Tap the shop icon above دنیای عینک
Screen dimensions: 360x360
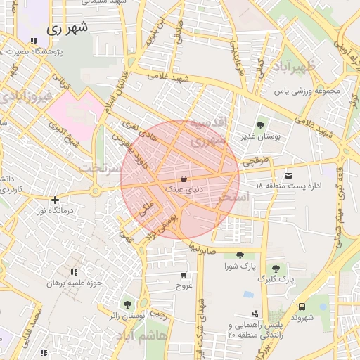[x=184, y=178]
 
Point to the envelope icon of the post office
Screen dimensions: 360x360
[x=288, y=174]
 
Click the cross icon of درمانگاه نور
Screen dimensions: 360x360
[x=55, y=200]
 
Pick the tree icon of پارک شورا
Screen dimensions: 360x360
[x=240, y=255]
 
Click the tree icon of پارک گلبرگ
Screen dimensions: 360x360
[x=275, y=268]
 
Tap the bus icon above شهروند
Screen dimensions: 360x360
[x=302, y=307]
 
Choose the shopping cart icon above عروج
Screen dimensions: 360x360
[x=184, y=275]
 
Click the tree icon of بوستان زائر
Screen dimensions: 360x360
[x=127, y=304]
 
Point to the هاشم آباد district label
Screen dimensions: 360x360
[x=165, y=336]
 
